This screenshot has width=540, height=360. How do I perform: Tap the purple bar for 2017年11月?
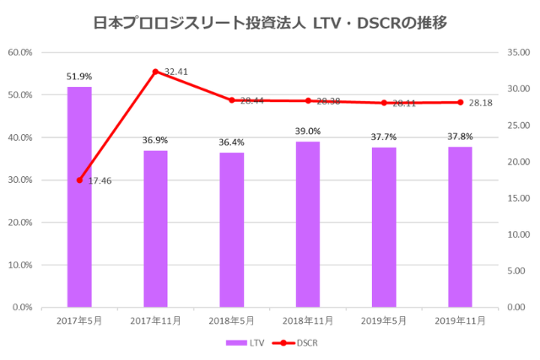pos(155,228)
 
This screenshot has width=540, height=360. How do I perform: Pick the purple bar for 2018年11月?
pos(308,224)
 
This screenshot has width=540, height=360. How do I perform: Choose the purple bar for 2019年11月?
pos(460,227)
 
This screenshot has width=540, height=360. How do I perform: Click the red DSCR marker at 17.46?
pos(79,180)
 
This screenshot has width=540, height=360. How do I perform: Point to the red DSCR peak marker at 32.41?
pos(155,72)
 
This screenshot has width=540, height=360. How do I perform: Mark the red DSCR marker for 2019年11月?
pos(460,102)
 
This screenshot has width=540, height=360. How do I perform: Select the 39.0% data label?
pos(308,132)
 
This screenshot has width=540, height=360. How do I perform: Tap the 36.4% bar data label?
pos(232,142)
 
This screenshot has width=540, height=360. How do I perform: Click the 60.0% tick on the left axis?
pos(19,52)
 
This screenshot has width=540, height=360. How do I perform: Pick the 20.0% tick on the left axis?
pos(19,223)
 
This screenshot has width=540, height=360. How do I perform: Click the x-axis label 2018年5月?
pos(232,321)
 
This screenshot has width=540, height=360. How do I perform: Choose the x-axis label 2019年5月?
pos(384,321)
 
